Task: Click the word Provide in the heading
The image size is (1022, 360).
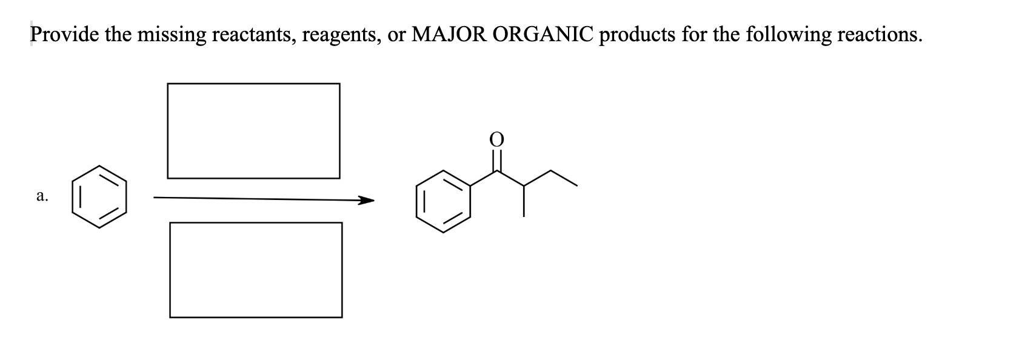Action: [x=65, y=35]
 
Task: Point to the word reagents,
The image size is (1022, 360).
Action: [x=342, y=35]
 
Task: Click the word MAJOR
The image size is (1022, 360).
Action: [x=449, y=35]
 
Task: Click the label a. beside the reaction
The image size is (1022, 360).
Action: [x=42, y=196]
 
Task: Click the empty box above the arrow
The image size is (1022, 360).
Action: [x=253, y=131]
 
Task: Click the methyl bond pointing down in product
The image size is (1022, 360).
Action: [x=524, y=200]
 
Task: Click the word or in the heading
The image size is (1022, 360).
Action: [x=396, y=35]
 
